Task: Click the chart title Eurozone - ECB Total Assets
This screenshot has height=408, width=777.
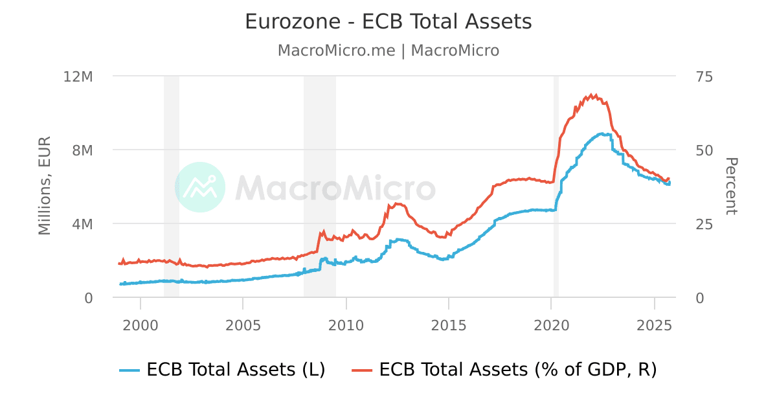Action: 388,22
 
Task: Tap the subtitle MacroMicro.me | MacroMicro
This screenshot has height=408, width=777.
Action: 388,51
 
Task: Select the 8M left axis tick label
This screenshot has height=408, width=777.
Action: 83,150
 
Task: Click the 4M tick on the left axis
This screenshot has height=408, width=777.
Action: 83,224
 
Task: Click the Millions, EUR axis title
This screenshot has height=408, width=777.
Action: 45,186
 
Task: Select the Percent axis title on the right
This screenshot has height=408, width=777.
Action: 731,186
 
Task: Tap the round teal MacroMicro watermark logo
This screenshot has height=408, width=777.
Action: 200,187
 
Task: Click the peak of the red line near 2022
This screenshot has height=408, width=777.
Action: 591,95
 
